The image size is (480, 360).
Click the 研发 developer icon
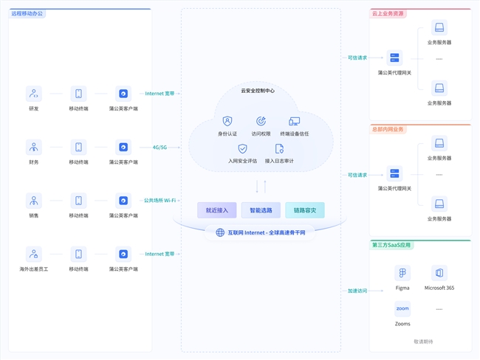[34, 94]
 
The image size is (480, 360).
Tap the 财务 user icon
[34, 148]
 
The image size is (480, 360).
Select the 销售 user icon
[34, 201]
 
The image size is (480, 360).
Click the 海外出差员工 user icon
[34, 255]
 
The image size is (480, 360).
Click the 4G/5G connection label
[160, 148]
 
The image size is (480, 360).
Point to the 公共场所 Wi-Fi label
[160, 201]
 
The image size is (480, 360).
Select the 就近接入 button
[217, 210]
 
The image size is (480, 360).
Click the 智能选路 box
[261, 210]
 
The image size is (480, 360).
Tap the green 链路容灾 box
[304, 210]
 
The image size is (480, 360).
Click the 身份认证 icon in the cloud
[227, 121]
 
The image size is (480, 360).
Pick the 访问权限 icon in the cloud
[261, 121]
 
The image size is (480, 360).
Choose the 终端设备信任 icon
[295, 121]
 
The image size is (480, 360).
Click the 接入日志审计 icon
[279, 148]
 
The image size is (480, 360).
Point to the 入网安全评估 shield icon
[242, 148]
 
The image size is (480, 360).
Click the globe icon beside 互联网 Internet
[220, 232]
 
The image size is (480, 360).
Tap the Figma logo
[402, 274]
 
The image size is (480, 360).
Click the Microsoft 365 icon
[439, 274]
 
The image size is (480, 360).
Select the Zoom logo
[402, 309]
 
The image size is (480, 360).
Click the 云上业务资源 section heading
[388, 13]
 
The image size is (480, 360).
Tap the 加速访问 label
[357, 291]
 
